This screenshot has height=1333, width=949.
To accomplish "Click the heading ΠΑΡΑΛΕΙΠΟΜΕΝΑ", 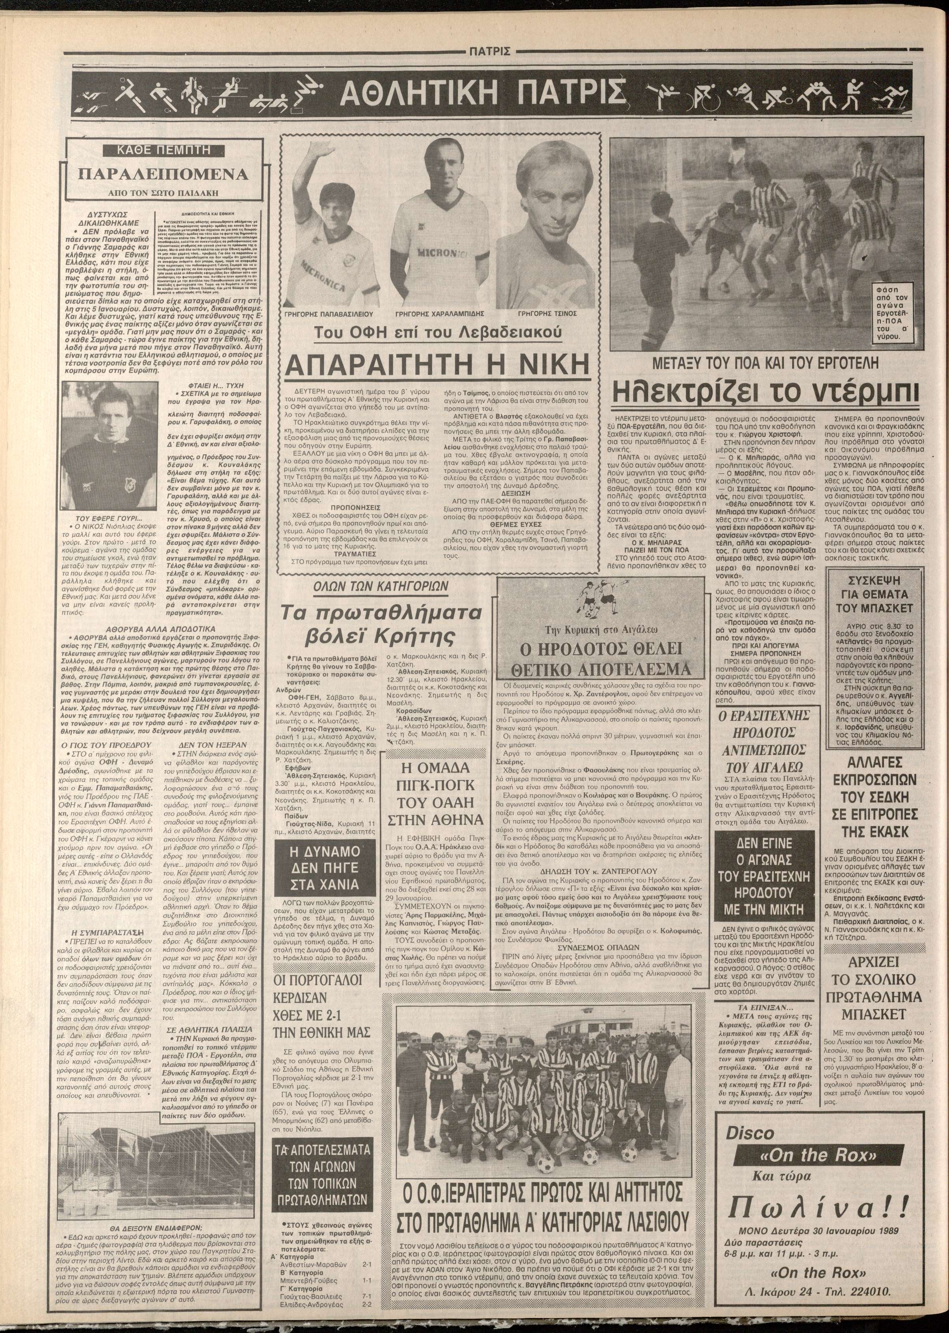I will (x=163, y=174).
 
